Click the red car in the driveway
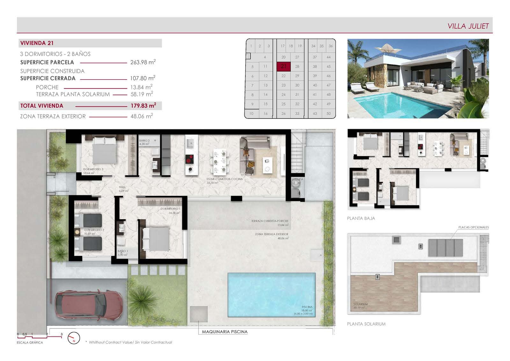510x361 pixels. click(89, 305)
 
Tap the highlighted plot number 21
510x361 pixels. click(283, 66)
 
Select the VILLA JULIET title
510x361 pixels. click(468, 26)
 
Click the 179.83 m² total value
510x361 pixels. click(143, 106)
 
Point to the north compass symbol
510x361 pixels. click(74, 338)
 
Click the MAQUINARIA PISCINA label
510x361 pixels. click(225, 332)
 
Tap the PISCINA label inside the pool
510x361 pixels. click(307, 307)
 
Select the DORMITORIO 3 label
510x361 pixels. click(93, 169)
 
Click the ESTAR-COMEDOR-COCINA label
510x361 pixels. click(224, 179)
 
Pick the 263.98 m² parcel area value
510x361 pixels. click(143, 62)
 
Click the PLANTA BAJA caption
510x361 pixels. click(361, 218)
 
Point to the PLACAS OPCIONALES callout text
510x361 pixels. click(473, 227)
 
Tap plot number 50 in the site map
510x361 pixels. click(329, 113)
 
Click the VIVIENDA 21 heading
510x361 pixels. click(37, 43)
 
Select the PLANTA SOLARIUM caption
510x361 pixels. click(366, 324)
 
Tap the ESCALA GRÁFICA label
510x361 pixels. click(30, 342)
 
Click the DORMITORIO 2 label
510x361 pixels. click(94, 230)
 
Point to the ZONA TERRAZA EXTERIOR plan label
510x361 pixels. click(271, 234)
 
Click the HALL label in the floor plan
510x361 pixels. click(122, 187)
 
